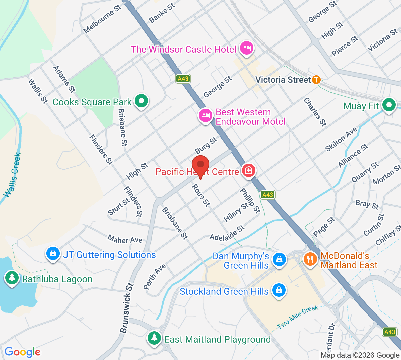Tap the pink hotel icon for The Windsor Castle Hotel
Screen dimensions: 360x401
(x=247, y=48)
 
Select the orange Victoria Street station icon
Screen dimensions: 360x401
(x=316, y=80)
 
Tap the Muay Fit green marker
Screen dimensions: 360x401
(x=389, y=105)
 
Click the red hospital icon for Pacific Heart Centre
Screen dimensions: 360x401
(x=248, y=171)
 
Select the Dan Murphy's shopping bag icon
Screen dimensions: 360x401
(x=279, y=260)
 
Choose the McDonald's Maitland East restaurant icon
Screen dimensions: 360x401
(x=310, y=259)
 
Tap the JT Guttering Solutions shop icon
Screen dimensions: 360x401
(x=53, y=254)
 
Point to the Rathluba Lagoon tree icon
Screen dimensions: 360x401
(x=12, y=278)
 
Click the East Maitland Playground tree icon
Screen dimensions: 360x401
(x=154, y=338)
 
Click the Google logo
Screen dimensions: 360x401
(x=22, y=352)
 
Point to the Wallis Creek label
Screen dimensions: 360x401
(x=13, y=175)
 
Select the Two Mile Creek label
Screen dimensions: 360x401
(x=298, y=317)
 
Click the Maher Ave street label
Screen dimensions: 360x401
(x=125, y=240)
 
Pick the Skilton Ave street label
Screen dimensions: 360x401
(x=341, y=139)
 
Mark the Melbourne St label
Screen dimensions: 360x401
(x=102, y=19)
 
